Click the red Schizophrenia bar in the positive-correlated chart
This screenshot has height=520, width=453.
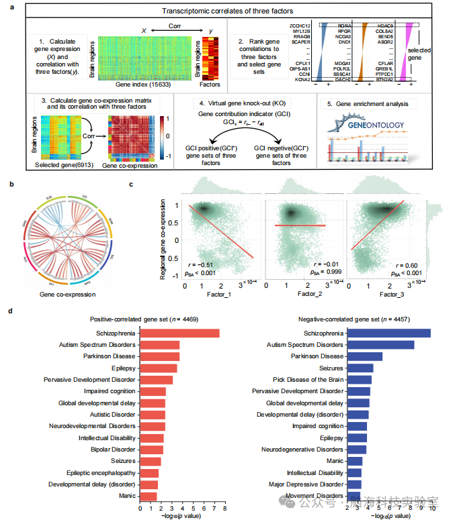pyautogui.click(x=179, y=333)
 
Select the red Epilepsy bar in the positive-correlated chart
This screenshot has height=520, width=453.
pyautogui.click(x=159, y=368)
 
